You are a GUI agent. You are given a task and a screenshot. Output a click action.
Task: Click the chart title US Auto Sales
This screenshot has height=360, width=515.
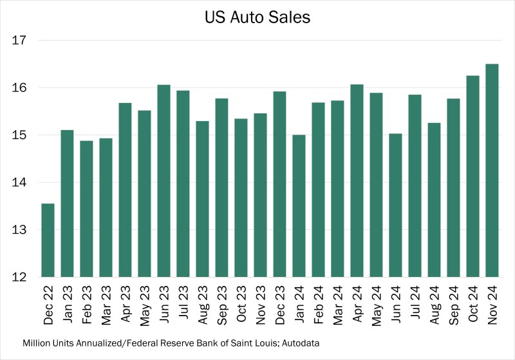(257, 18)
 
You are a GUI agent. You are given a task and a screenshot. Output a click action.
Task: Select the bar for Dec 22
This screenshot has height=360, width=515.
(48, 240)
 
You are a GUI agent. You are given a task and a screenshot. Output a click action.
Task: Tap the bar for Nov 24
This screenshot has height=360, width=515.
(492, 171)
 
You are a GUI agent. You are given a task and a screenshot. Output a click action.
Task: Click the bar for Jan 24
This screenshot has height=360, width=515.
(299, 206)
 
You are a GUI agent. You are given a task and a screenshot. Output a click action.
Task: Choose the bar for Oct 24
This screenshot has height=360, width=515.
(473, 176)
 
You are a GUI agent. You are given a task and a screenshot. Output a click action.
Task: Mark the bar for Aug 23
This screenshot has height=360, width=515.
(203, 199)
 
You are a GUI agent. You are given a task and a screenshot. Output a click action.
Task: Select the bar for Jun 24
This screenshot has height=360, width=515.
(395, 205)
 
